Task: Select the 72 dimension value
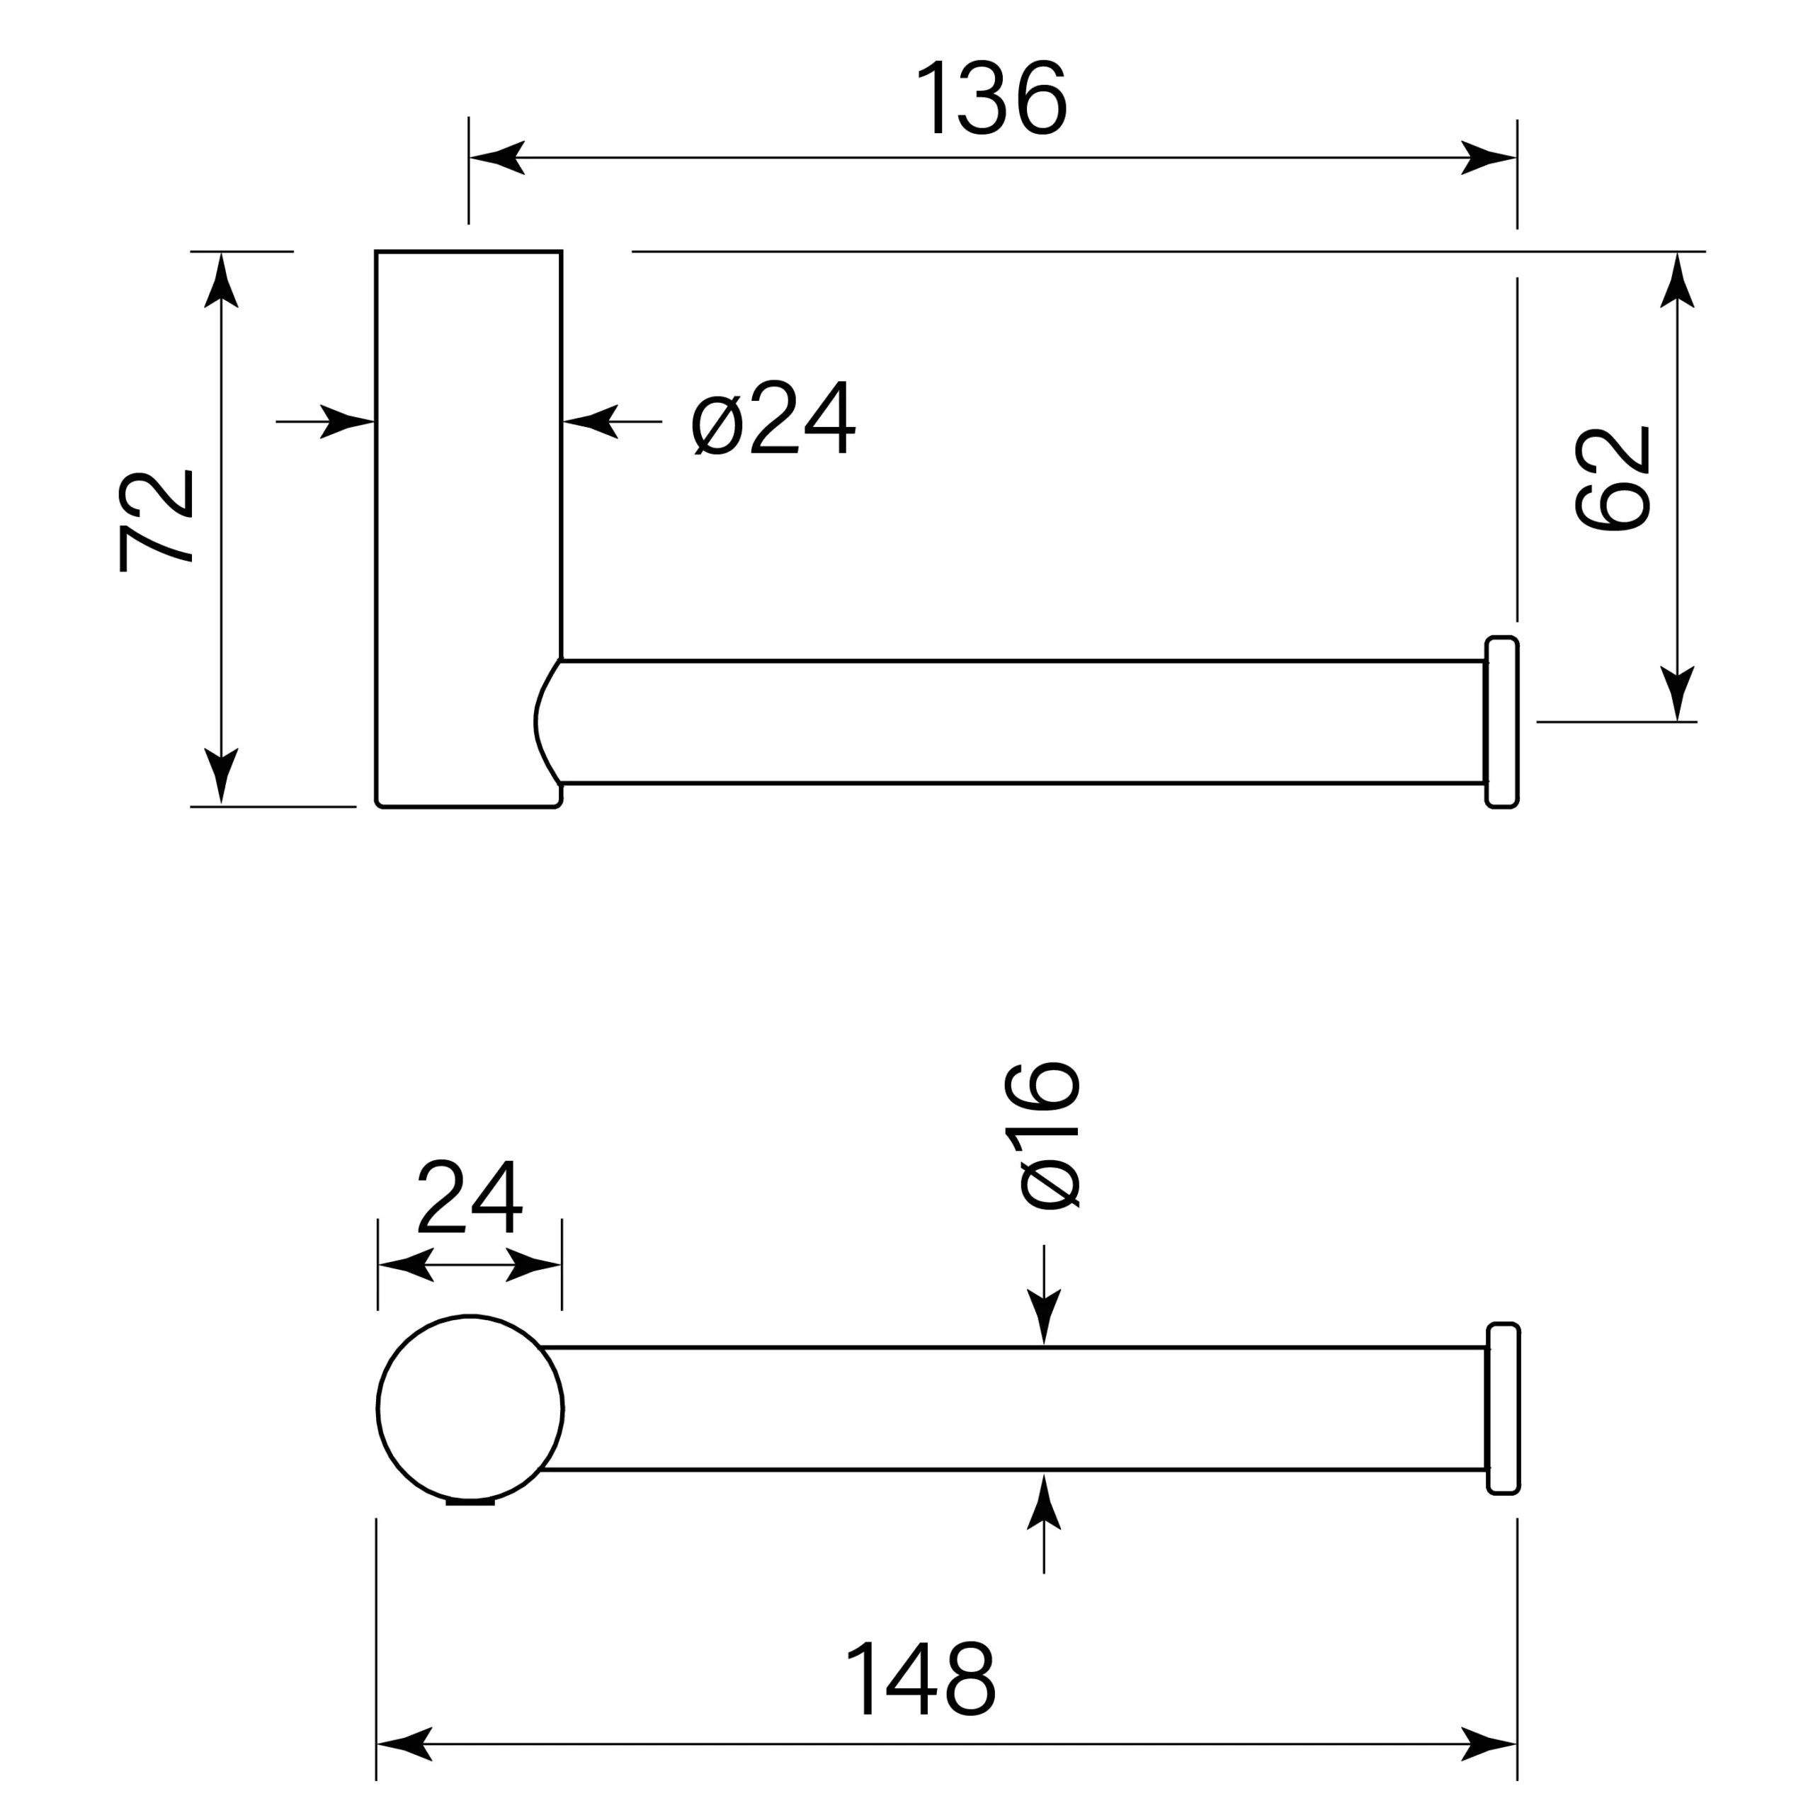[x=157, y=520]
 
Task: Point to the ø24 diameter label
[x=773, y=418]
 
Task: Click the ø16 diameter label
[x=1042, y=1135]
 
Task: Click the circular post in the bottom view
[x=470, y=1408]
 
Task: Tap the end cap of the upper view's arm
[x=1501, y=722]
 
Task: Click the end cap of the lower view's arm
[x=1504, y=1409]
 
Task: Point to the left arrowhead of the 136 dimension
[x=496, y=158]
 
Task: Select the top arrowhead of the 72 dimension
[x=222, y=280]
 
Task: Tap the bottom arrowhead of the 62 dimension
[x=1677, y=693]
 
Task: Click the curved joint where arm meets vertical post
[x=548, y=722]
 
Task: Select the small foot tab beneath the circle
[x=470, y=1502]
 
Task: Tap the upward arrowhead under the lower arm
[x=1043, y=1501]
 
